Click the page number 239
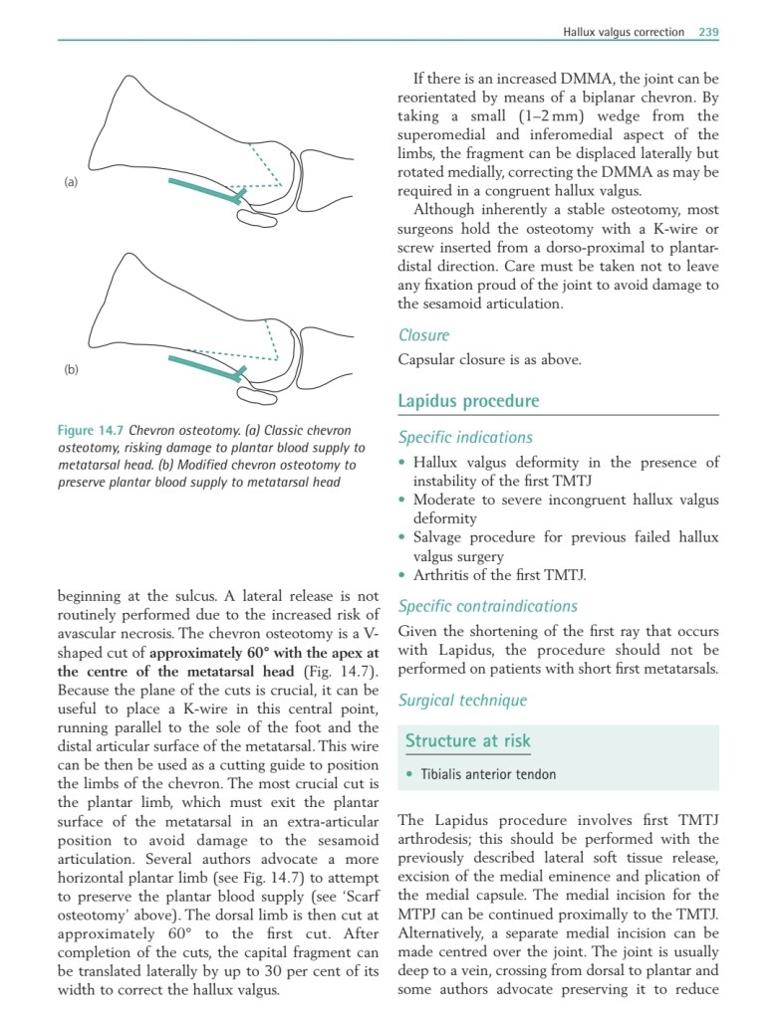pos(708,32)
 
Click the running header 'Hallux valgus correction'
pos(624,32)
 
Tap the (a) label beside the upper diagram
pos(71,182)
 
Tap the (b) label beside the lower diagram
pos(71,369)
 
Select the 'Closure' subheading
pos(423,335)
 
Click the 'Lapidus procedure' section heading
pos(468,401)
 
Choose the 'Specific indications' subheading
pos(465,437)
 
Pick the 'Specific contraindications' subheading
pos(487,606)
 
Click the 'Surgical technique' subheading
pos(462,701)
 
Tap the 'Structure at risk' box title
pos(467,740)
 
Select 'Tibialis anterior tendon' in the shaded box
pos(488,774)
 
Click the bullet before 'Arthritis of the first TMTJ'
pos(401,576)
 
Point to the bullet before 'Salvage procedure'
pos(401,538)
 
